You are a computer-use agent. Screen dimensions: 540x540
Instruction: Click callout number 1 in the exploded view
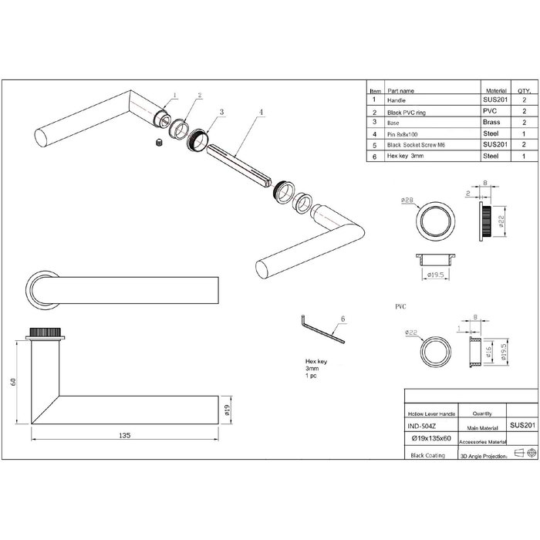point(174,96)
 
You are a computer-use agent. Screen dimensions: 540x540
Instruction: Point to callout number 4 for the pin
point(261,113)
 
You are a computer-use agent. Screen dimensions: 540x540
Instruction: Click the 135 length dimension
point(124,436)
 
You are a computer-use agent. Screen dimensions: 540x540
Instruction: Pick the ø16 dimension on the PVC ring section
point(488,353)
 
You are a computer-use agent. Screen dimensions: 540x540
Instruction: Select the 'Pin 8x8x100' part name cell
point(404,133)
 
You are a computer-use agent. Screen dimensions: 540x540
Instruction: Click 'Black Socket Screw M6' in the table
point(416,144)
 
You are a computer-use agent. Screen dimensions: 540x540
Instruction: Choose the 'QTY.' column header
point(524,89)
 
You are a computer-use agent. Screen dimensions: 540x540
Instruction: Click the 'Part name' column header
point(401,89)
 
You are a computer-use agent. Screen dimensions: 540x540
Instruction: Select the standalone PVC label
point(401,306)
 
